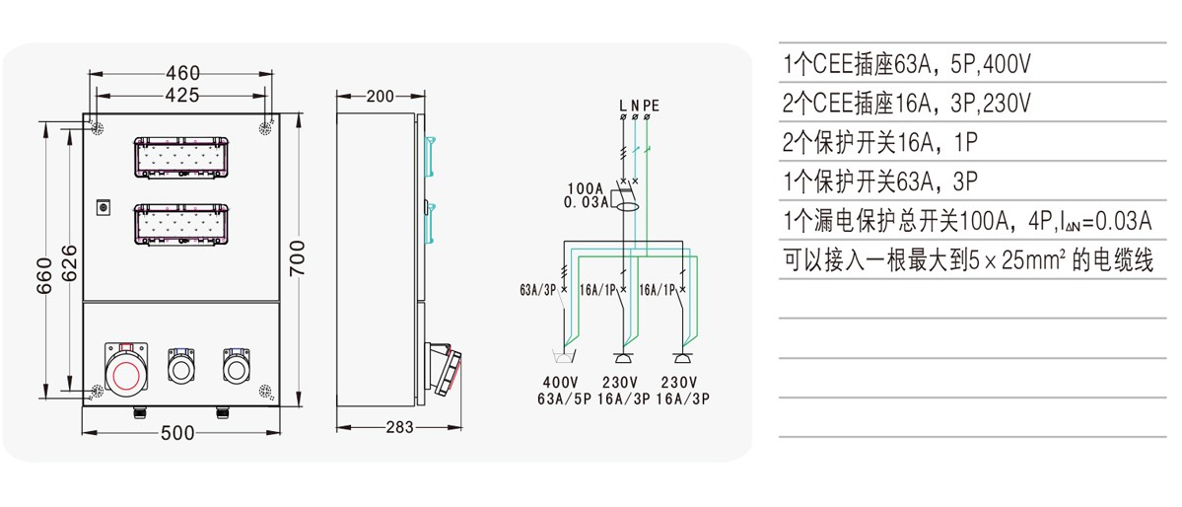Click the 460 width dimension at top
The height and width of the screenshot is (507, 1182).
pos(182,73)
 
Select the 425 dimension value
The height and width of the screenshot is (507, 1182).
pos(182,95)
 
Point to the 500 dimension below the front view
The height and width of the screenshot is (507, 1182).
pos(177,432)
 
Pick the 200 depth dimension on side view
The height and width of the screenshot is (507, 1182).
pos(380,96)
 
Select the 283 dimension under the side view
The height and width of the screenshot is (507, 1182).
pos(399,427)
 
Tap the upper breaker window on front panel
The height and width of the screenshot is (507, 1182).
pos(181,157)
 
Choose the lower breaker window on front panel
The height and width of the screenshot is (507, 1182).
pos(181,224)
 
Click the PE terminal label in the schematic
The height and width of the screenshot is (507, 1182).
pos(651,106)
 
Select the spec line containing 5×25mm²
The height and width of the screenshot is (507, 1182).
pos(968,260)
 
